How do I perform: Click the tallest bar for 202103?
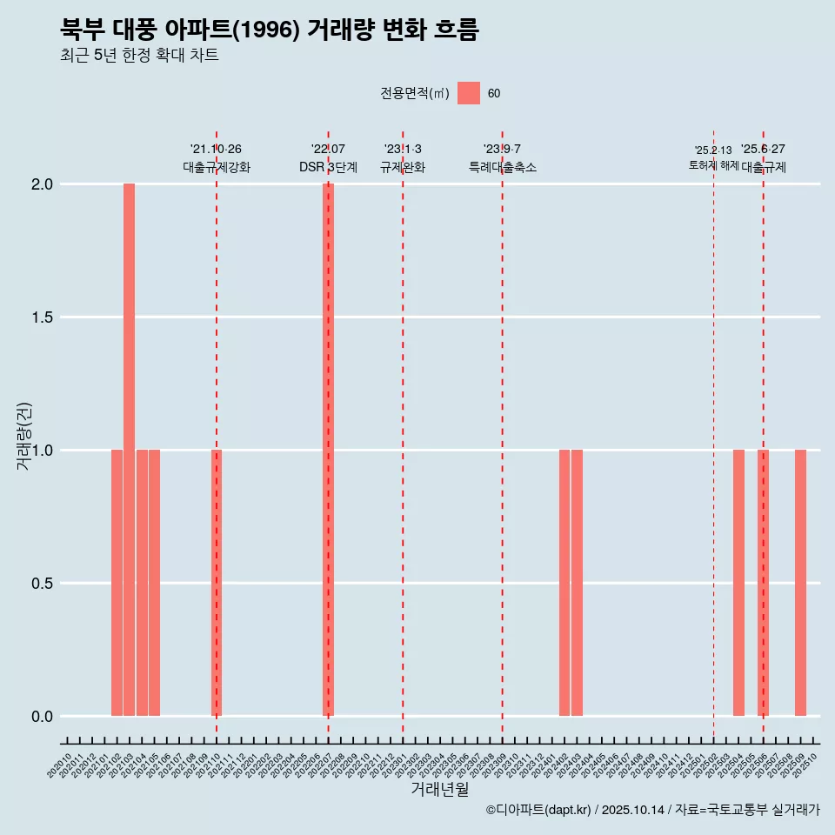129,450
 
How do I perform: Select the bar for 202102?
117,583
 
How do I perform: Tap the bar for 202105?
154,583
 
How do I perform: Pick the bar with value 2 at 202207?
328,450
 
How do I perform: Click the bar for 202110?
217,583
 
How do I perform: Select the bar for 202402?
564,583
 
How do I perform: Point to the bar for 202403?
577,583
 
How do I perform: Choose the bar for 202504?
738,583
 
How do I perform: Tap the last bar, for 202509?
800,583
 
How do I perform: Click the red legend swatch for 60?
469,93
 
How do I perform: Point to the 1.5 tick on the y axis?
40,317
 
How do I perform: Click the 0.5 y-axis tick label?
40,584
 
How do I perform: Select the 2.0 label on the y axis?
40,184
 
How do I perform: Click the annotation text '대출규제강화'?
217,167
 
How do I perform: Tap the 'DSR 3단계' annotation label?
328,167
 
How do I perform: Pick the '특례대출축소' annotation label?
502,167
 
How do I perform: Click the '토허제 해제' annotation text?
713,165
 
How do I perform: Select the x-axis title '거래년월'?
439,789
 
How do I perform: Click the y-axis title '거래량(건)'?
23,436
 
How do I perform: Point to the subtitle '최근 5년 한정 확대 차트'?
139,55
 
